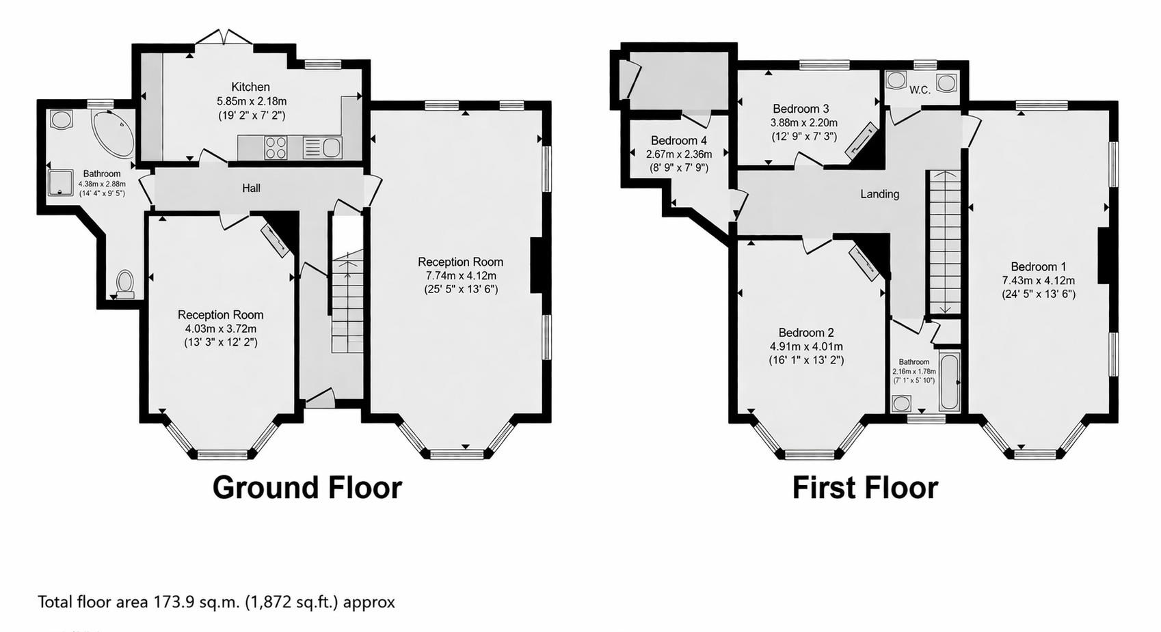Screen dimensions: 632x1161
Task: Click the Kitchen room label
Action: coord(250,87)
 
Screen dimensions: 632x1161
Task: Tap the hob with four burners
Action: coord(276,148)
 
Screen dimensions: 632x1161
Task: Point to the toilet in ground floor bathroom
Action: coord(125,283)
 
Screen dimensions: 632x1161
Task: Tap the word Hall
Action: coord(251,188)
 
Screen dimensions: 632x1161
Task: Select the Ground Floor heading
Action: coord(307,488)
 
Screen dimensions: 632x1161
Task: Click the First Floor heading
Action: coord(865,488)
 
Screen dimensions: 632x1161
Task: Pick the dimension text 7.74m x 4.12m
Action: coord(460,275)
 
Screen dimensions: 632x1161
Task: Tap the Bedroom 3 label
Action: coord(801,109)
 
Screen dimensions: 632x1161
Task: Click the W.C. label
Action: coord(920,90)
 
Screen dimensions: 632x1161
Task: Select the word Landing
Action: coord(879,194)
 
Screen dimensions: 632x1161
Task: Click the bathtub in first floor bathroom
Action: coord(950,381)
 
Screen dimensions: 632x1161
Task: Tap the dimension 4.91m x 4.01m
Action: coord(806,346)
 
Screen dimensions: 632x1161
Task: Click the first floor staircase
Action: coord(944,243)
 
